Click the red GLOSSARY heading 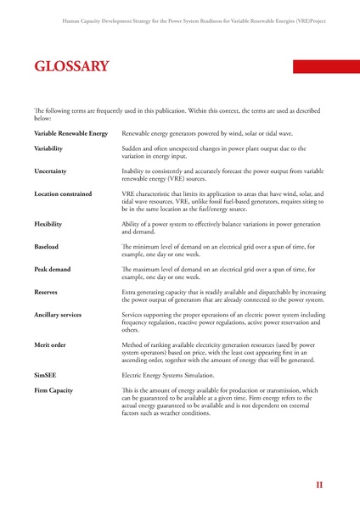tap(71, 66)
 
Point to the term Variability tap(48, 148)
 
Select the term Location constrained tap(63, 194)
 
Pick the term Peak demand tap(53, 269)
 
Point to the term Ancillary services tap(58, 315)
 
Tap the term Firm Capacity tap(53, 390)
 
